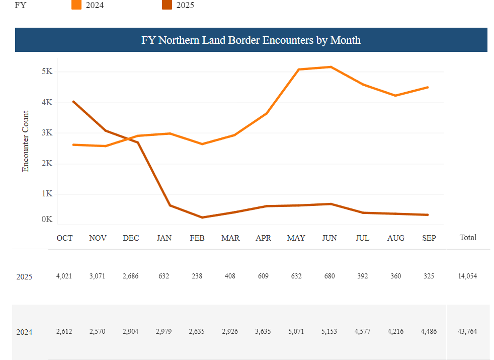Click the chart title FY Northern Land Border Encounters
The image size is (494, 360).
tap(251, 40)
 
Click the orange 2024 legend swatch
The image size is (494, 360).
tap(76, 5)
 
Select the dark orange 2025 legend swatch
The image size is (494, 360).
tap(167, 5)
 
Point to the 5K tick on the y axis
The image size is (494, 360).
tap(47, 71)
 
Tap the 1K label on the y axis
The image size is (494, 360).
tap(47, 194)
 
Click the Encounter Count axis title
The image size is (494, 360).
tap(26, 141)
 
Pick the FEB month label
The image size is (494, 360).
tap(197, 238)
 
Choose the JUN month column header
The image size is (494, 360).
tap(330, 238)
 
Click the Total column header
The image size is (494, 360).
tap(468, 237)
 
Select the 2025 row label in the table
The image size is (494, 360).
tap(25, 276)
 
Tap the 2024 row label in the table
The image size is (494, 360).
tap(25, 332)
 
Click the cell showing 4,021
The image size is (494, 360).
tap(64, 276)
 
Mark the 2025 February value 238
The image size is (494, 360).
tap(197, 276)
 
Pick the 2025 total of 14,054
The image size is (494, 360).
tap(468, 276)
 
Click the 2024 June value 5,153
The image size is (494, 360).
tap(330, 331)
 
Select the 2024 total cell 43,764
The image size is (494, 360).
tap(468, 331)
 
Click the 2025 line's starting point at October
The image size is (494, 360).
tap(73, 101)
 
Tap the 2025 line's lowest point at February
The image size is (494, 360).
tap(202, 218)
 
